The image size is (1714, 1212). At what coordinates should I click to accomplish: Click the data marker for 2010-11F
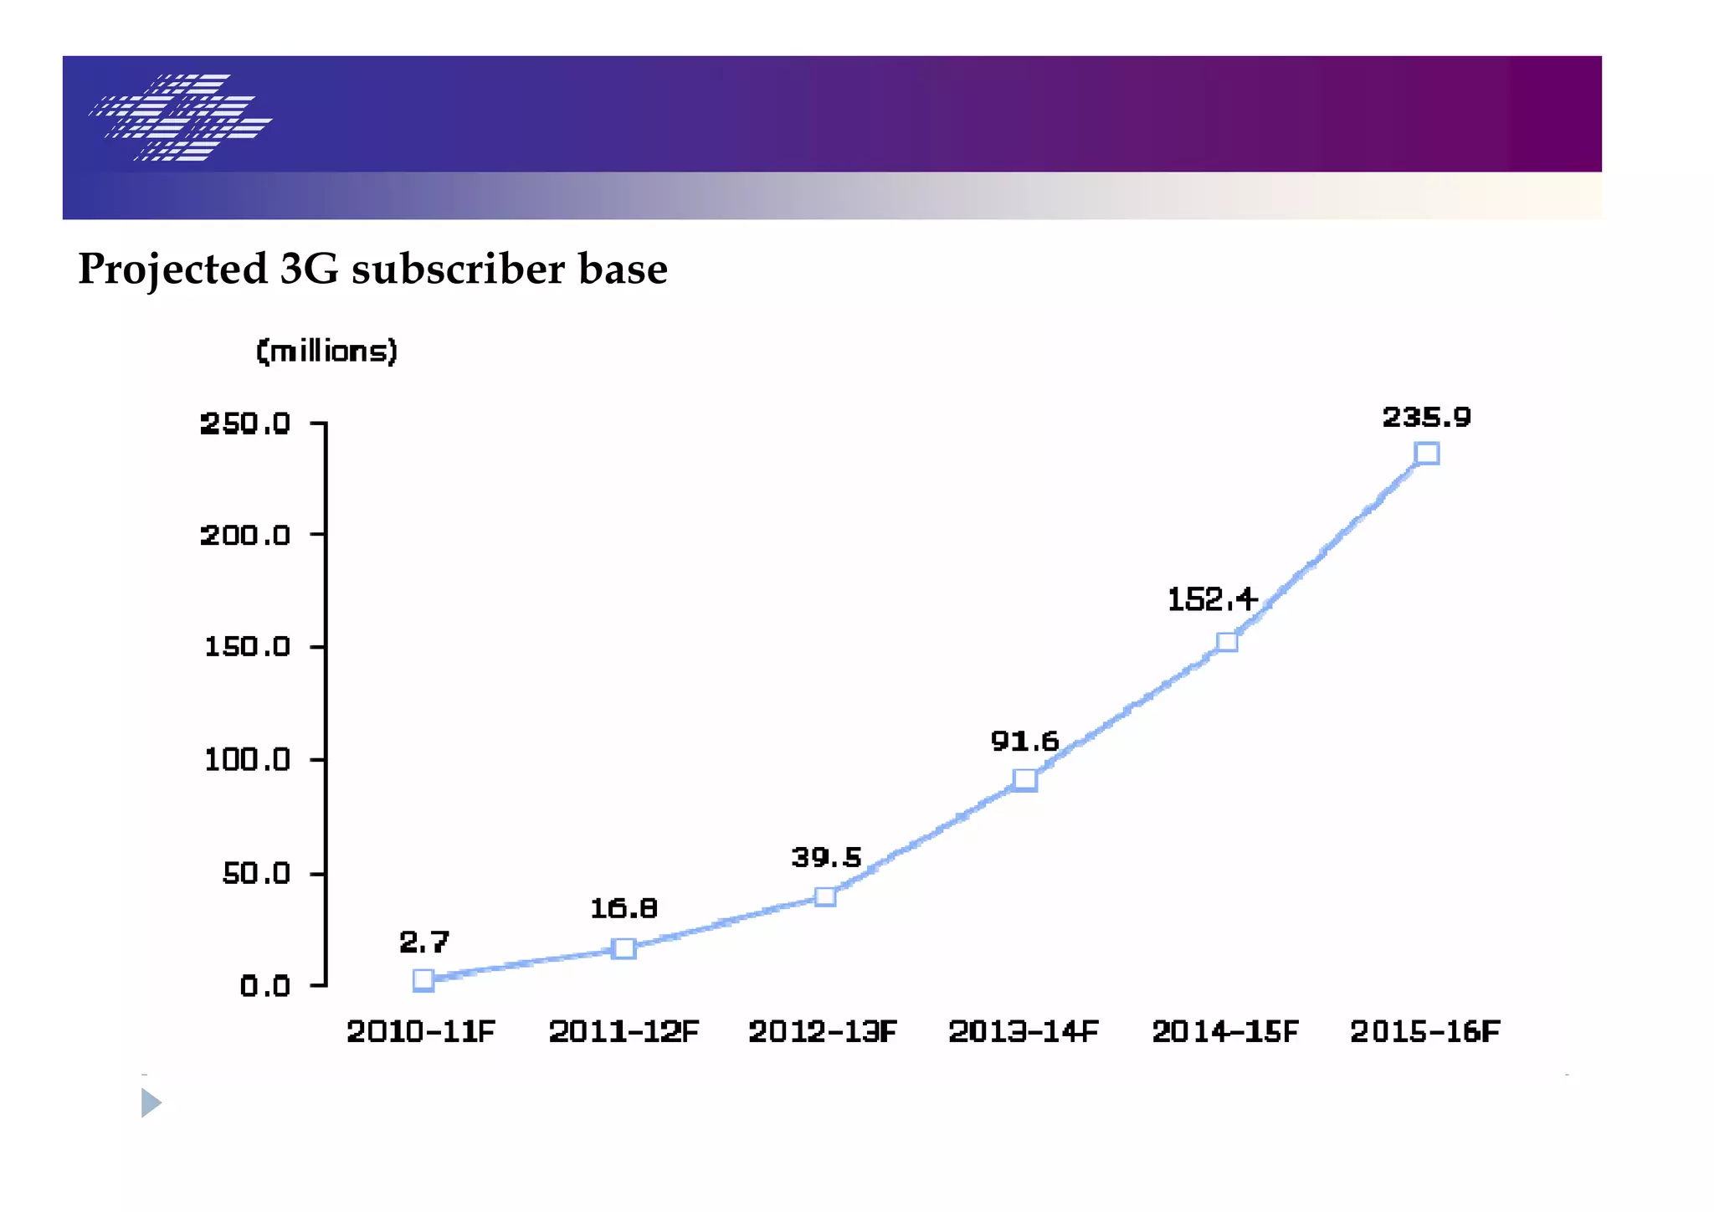click(423, 980)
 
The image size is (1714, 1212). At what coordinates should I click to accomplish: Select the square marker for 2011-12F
click(624, 948)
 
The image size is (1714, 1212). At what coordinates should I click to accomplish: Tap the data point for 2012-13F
click(825, 896)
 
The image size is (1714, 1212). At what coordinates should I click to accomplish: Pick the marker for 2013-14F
click(1025, 780)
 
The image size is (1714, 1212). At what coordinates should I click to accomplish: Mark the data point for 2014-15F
click(1227, 642)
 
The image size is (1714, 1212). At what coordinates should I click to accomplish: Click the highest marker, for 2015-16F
click(1427, 454)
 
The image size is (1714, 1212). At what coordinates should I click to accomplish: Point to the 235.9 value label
click(1426, 417)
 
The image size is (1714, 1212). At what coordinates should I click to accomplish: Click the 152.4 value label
click(1212, 599)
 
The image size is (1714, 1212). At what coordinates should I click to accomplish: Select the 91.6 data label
click(1024, 741)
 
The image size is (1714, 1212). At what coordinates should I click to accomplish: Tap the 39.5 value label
click(826, 857)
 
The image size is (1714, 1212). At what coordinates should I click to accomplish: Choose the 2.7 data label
click(424, 942)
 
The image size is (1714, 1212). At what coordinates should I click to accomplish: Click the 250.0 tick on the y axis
click(245, 424)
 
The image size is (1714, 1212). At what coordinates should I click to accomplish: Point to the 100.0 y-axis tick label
click(247, 760)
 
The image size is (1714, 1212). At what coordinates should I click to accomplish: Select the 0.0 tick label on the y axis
click(264, 986)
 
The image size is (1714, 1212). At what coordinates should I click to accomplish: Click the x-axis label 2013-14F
click(1023, 1031)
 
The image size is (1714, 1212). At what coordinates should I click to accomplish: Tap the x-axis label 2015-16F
click(1425, 1031)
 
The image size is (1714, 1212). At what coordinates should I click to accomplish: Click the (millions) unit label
click(326, 351)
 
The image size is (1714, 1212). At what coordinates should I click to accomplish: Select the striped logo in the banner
click(181, 117)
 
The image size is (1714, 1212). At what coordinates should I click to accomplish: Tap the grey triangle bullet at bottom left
click(151, 1102)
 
